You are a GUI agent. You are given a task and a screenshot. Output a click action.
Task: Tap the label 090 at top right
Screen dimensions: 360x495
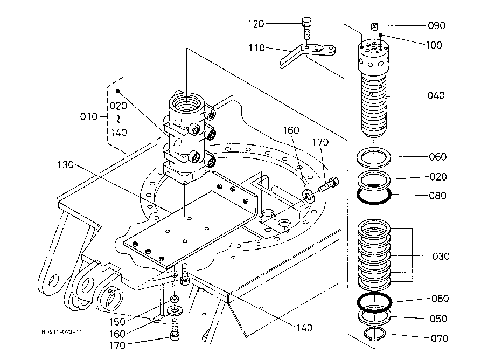click(x=436, y=26)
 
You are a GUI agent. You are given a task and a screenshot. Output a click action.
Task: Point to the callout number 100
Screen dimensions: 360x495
click(x=434, y=45)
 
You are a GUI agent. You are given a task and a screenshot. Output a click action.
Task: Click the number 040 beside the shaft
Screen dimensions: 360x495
click(x=436, y=96)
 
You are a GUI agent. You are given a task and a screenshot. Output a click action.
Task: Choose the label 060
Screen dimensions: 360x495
click(x=437, y=157)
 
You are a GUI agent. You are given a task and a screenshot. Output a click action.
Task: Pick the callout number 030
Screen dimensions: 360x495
click(x=441, y=257)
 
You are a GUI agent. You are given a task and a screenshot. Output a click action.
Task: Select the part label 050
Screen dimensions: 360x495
click(x=438, y=319)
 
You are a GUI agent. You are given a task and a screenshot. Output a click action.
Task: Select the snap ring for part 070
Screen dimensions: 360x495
click(x=375, y=335)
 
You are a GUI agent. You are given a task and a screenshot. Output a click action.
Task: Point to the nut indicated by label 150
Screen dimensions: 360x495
click(x=175, y=299)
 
